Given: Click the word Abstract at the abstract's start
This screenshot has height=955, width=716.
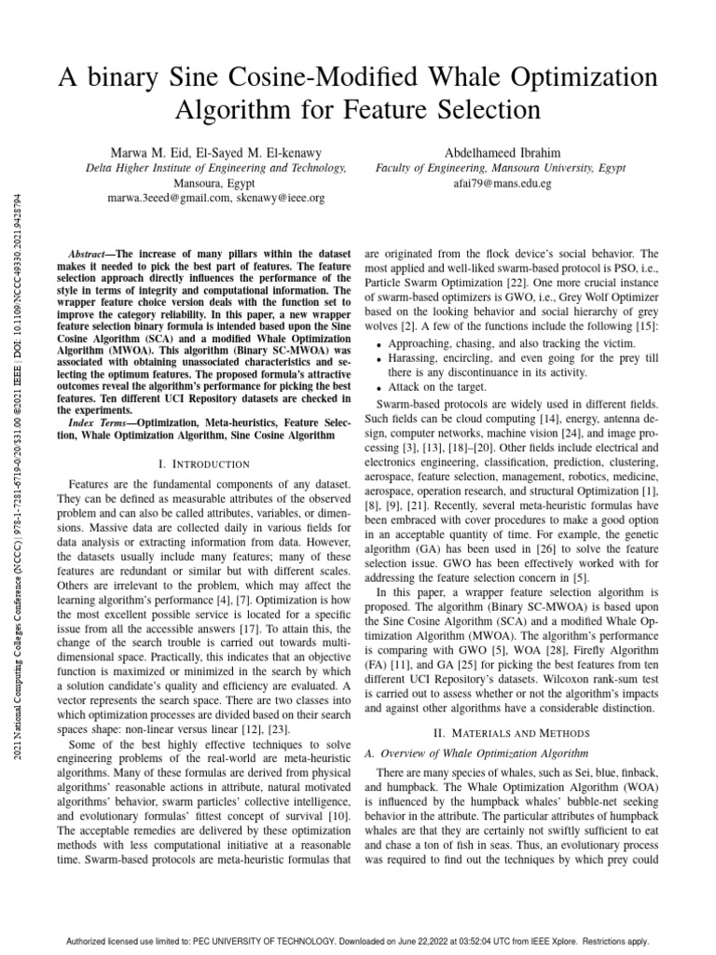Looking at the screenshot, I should pos(90,254).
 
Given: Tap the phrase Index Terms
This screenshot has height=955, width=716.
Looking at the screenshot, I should pos(100,423).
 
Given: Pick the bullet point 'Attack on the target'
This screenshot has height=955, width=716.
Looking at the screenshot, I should pos(434,386).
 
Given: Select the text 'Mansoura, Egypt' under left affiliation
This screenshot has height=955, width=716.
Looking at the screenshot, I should pos(216,184).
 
